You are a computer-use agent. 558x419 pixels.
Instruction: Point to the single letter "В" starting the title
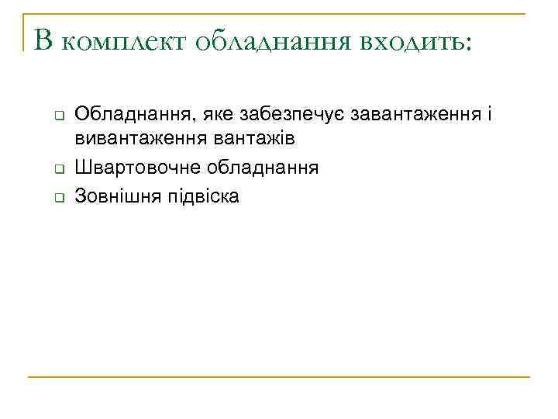point(42,41)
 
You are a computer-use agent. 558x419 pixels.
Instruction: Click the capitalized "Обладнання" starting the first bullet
point(133,115)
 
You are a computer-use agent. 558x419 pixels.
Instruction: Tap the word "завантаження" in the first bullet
point(416,115)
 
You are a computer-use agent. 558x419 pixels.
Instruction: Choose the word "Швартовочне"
point(129,168)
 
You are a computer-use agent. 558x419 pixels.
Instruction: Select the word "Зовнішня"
point(113,197)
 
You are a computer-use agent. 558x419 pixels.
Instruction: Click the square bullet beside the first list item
point(57,116)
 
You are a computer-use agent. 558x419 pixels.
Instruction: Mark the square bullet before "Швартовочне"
point(57,169)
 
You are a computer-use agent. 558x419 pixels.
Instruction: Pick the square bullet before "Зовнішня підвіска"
point(57,198)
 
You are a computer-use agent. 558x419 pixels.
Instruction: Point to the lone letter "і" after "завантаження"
point(489,115)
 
